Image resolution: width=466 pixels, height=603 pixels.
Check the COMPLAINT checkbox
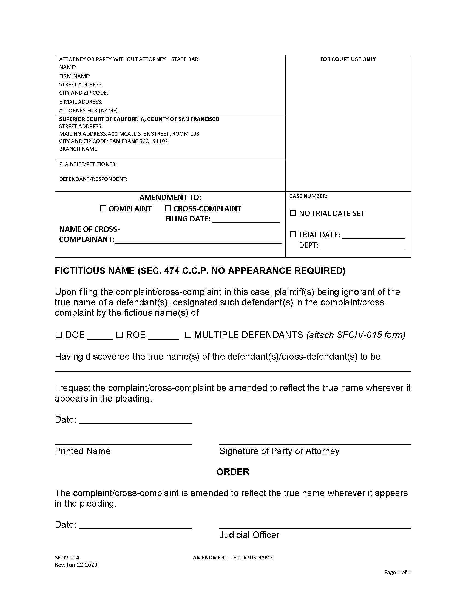tap(103, 209)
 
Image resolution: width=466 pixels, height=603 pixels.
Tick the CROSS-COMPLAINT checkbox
tap(167, 209)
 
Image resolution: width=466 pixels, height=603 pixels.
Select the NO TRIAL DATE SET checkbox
tap(293, 213)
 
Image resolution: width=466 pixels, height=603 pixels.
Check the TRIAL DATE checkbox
tap(293, 234)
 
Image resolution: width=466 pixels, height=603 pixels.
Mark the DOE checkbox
tap(59, 335)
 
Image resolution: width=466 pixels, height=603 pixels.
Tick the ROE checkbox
tap(120, 335)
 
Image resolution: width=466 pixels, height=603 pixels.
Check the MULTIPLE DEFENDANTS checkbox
tap(188, 335)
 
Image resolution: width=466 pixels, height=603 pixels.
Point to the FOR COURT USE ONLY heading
tap(348, 59)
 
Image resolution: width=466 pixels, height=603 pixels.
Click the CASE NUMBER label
tap(308, 196)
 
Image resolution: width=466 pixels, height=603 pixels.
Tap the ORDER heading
tap(233, 472)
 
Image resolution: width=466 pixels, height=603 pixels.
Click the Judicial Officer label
tap(249, 535)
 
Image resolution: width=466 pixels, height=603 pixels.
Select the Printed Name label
tap(83, 451)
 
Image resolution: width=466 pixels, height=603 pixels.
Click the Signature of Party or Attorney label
tap(279, 451)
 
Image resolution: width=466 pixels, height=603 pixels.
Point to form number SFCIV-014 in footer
tap(67, 558)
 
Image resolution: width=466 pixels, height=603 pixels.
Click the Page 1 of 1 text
tap(397, 572)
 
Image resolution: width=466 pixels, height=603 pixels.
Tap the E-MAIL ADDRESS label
tap(81, 102)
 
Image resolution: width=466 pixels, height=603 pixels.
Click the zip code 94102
tap(160, 141)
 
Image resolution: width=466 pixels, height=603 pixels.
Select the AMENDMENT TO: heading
tap(170, 197)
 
